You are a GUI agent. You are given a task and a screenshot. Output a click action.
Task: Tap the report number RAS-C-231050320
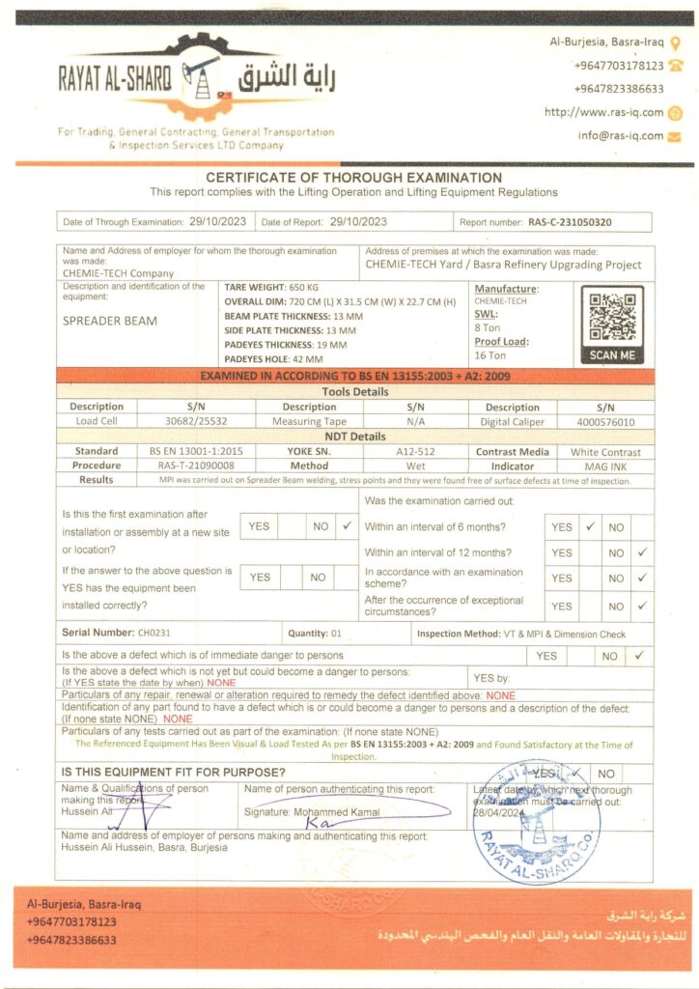[x=570, y=222]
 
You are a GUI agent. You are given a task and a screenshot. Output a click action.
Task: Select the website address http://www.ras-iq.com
[x=603, y=112]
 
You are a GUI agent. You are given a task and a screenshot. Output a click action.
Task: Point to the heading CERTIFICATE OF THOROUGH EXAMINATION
[x=353, y=178]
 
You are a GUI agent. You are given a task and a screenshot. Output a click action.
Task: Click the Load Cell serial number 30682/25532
[x=196, y=421]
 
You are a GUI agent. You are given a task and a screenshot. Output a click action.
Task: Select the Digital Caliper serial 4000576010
[x=605, y=421]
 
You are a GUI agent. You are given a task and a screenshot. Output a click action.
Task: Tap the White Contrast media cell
[x=605, y=451]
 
